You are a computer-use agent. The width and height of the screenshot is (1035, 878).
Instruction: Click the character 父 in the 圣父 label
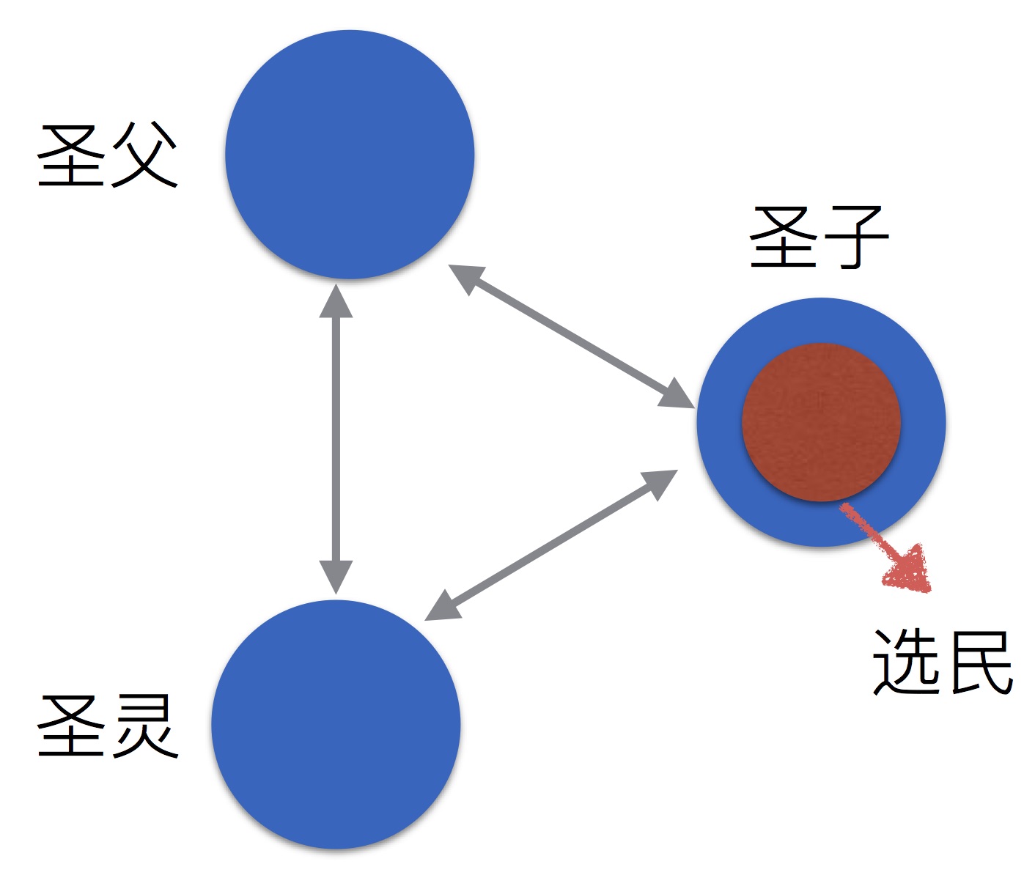click(143, 155)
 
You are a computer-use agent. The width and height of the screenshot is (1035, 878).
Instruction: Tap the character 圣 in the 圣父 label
click(70, 155)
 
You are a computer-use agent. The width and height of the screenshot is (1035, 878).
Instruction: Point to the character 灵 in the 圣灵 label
click(143, 726)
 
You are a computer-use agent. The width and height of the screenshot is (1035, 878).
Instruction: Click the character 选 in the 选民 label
click(906, 662)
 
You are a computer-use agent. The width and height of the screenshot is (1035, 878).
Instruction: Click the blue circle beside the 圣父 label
click(350, 155)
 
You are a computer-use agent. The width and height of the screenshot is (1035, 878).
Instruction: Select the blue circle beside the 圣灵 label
click(336, 724)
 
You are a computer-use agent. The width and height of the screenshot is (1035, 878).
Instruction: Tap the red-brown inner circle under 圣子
click(821, 422)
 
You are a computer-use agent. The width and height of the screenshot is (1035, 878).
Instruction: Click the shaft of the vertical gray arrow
click(336, 440)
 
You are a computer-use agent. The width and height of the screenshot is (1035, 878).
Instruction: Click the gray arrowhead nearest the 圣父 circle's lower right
click(465, 277)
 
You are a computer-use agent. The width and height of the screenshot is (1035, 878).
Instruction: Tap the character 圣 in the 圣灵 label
click(70, 726)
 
